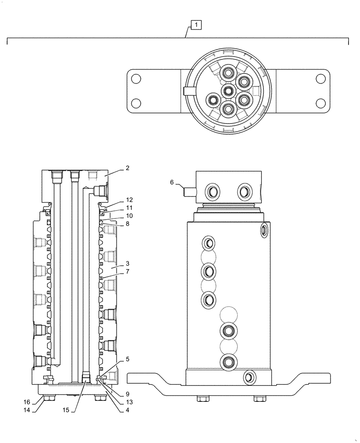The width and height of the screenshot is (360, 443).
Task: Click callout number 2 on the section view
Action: click(x=127, y=168)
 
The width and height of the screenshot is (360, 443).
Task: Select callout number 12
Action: click(x=129, y=200)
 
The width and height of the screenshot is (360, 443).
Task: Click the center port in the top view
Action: click(x=228, y=91)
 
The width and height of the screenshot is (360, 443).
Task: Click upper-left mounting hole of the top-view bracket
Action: click(x=137, y=79)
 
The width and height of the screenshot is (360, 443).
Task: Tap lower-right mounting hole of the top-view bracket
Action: click(x=320, y=103)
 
